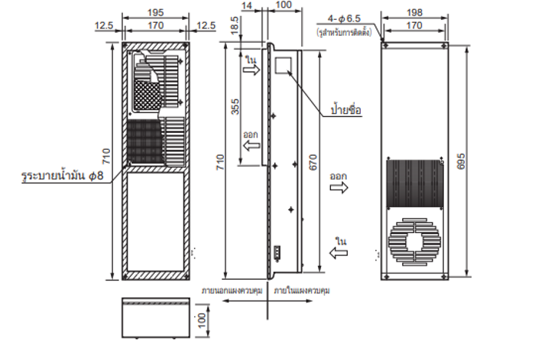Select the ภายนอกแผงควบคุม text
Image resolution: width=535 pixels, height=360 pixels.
pyautogui.click(x=232, y=291)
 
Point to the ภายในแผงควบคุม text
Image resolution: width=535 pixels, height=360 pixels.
pyautogui.click(x=303, y=291)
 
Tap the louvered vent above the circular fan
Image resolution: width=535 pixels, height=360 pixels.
pyautogui.click(x=415, y=182)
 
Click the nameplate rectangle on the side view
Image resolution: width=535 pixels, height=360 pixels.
pyautogui.click(x=285, y=63)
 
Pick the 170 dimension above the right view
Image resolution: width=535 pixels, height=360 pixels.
pyautogui.click(x=415, y=26)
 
